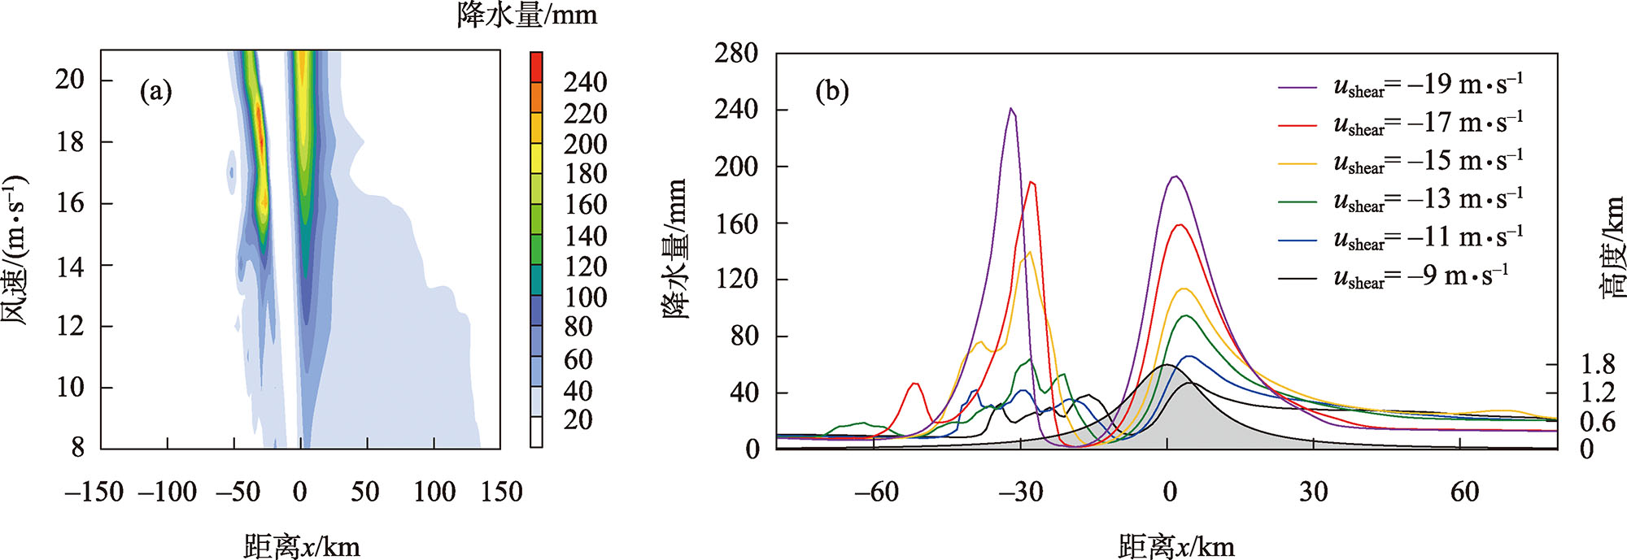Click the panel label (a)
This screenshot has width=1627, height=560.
coord(155,91)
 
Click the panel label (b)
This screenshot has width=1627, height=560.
coord(832,91)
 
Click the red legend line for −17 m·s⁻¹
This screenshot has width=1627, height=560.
coord(1297,126)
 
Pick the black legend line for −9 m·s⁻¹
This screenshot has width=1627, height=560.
coord(1297,279)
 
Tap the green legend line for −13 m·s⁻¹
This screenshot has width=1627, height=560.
coord(1297,202)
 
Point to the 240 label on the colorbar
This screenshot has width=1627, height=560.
coord(585,82)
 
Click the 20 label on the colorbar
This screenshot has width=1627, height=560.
coord(578,420)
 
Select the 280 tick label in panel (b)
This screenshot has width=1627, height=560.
coord(735,54)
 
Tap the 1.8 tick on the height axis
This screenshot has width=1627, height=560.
coord(1597,364)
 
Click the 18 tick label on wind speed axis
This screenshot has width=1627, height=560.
coord(70,141)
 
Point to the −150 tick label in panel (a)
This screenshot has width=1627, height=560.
coord(94,492)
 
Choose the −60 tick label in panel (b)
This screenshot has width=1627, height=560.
coord(875,492)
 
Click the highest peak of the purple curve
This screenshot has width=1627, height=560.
coord(1011,108)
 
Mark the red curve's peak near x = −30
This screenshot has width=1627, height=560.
coord(1032,182)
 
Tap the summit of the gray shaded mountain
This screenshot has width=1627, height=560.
coord(1167,365)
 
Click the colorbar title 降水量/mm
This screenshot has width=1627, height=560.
coord(527,15)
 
